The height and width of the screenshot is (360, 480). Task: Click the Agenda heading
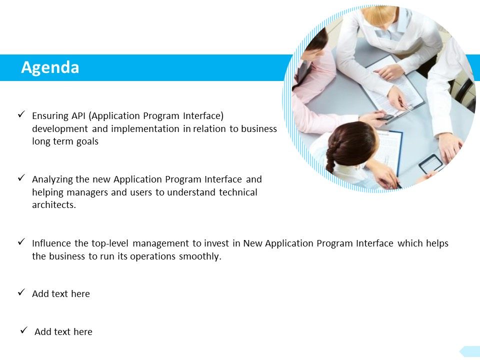click(50, 67)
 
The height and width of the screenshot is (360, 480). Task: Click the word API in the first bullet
click(78, 116)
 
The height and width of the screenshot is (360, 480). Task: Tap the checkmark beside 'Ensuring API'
click(21, 114)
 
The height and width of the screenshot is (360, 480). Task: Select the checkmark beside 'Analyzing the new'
click(21, 177)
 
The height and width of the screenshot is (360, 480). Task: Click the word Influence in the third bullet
click(52, 243)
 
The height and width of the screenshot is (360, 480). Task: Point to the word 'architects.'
click(54, 205)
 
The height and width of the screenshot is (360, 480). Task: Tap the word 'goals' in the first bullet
click(87, 141)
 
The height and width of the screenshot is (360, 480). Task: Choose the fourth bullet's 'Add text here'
click(61, 294)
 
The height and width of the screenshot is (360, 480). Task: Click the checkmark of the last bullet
click(23, 330)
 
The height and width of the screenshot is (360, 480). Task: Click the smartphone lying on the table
click(431, 163)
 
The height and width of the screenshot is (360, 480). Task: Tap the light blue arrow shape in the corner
click(470, 351)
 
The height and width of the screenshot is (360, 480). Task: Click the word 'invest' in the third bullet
click(216, 243)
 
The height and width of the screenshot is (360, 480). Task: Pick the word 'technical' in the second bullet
click(238, 192)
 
